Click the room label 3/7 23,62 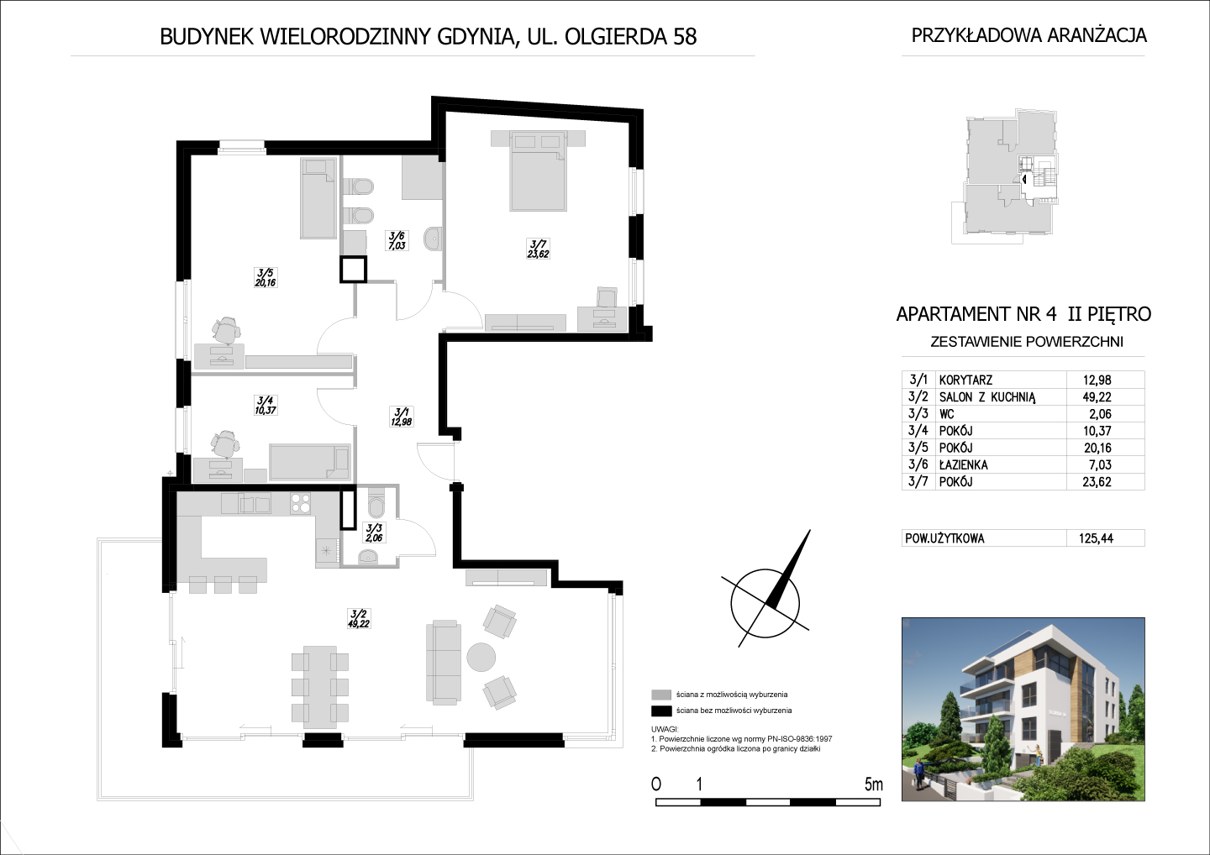click(538, 249)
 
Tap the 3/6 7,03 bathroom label click(397, 241)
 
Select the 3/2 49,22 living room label click(359, 619)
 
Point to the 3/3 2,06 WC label click(374, 532)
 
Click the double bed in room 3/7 click(538, 170)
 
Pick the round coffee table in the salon click(481, 657)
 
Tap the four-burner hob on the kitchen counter click(301, 503)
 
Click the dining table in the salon click(320, 686)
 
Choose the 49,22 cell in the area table click(1097, 397)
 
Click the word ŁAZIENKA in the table click(963, 464)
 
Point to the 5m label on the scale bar click(874, 784)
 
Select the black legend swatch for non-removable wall click(661, 711)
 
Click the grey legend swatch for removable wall click(661, 695)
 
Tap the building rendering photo click(1023, 709)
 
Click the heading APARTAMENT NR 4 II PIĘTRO click(1023, 314)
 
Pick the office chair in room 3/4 click(224, 445)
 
